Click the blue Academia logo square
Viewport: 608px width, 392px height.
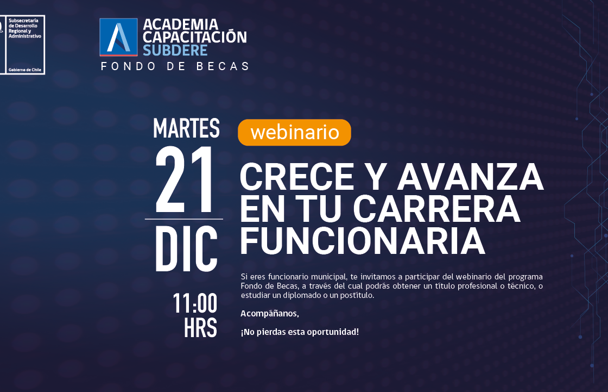(119, 38)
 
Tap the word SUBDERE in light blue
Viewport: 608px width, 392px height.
(175, 51)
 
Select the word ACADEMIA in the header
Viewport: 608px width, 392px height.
(181, 24)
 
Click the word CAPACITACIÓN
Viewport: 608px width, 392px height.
(195, 37)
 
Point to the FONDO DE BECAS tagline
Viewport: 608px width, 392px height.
(175, 66)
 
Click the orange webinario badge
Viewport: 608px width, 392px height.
(294, 133)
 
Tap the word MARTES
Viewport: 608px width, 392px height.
(187, 128)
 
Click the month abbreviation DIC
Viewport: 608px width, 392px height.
(186, 248)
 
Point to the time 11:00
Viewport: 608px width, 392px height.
(195, 303)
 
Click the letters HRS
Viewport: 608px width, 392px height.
(200, 328)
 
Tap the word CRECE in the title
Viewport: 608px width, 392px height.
(297, 177)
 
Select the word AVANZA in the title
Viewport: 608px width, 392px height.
(470, 177)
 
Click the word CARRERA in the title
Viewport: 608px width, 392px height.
(436, 209)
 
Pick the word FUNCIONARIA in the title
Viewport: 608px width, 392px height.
(363, 241)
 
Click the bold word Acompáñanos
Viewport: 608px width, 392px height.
(270, 314)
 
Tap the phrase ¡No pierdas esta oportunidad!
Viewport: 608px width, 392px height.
(300, 332)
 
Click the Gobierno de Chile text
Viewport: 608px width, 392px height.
(25, 70)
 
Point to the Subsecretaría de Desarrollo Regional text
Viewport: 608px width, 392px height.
(24, 26)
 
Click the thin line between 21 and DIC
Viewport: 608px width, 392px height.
(184, 219)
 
